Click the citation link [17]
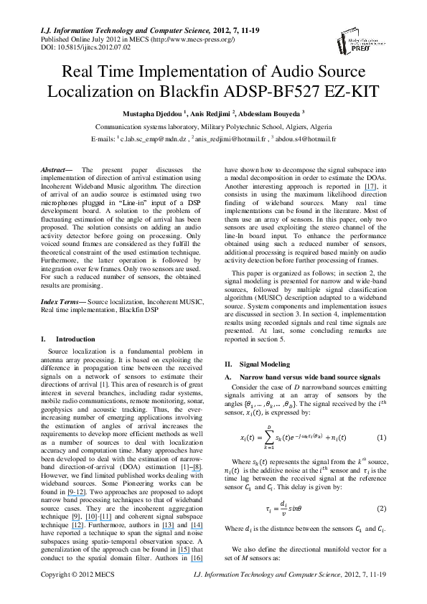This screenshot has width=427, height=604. pyautogui.click(x=370, y=187)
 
